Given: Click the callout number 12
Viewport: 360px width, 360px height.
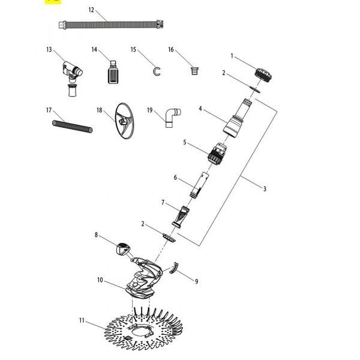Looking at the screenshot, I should [91, 10].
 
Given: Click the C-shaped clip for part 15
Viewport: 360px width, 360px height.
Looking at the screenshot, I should [158, 71].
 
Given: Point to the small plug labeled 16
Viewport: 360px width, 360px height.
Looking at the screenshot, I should [193, 70].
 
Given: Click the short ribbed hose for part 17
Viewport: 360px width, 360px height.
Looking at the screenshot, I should [71, 127].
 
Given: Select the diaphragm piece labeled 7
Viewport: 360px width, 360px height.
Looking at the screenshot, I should [182, 215].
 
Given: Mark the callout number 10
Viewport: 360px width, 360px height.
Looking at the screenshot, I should [100, 280].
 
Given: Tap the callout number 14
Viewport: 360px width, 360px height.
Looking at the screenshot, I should [95, 49].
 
